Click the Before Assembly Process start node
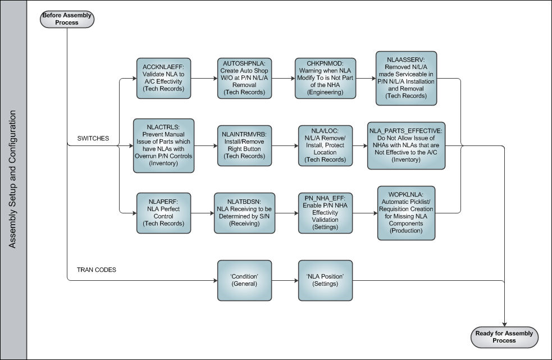[x=67, y=19]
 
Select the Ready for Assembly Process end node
[x=504, y=337]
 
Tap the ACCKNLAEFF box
[x=164, y=78]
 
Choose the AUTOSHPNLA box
[x=244, y=78]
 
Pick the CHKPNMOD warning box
[x=325, y=78]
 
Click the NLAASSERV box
[x=406, y=78]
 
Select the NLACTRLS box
[x=164, y=145]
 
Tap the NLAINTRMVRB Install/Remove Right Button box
[x=244, y=145]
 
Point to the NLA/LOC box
[x=325, y=145]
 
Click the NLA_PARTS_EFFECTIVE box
[x=406, y=145]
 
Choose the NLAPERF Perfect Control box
[x=164, y=213]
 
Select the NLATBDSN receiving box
[x=244, y=213]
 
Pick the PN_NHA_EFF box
[x=325, y=213]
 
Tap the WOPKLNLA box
[x=406, y=213]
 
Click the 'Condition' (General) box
[x=244, y=280]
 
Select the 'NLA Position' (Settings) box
[x=325, y=280]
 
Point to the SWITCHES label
[x=93, y=138]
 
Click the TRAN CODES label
[x=97, y=270]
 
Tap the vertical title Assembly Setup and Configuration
[x=13, y=179]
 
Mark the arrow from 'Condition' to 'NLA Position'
[x=285, y=281]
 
